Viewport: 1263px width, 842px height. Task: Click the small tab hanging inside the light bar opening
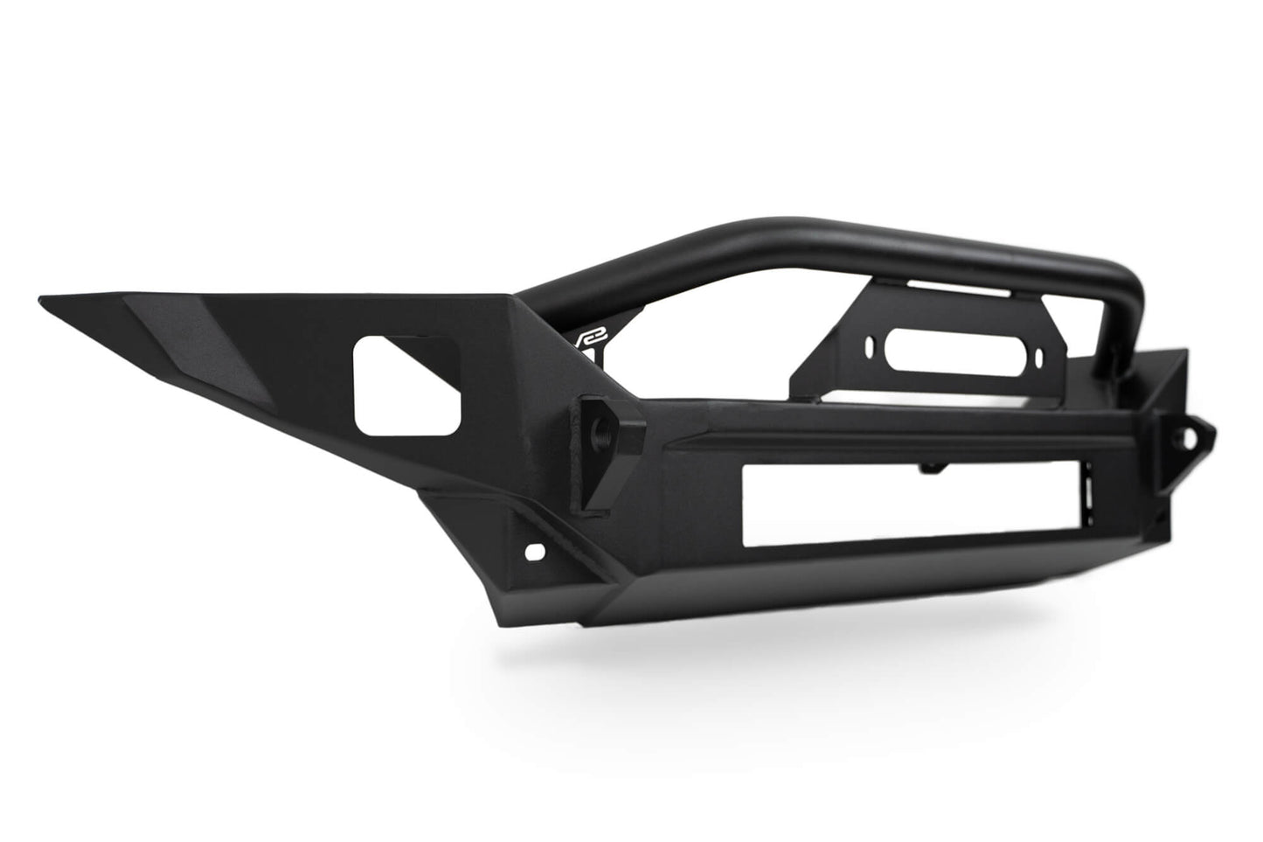pyautogui.click(x=936, y=470)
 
